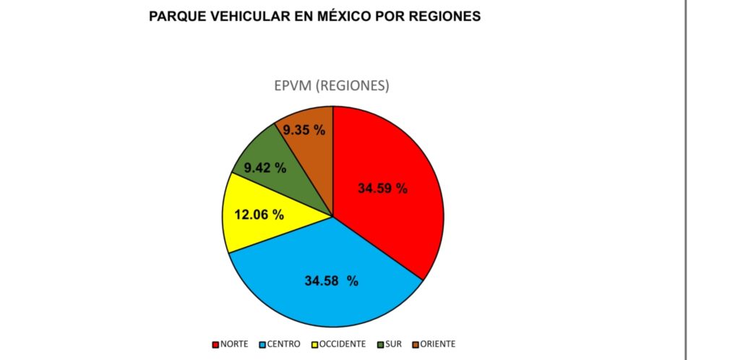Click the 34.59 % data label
click(382, 189)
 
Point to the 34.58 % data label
click(331, 281)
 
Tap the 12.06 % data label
click(259, 215)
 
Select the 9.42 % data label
click(264, 168)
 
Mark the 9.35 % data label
click(304, 131)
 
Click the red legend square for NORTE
click(215, 344)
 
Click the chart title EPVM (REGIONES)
click(332, 85)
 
